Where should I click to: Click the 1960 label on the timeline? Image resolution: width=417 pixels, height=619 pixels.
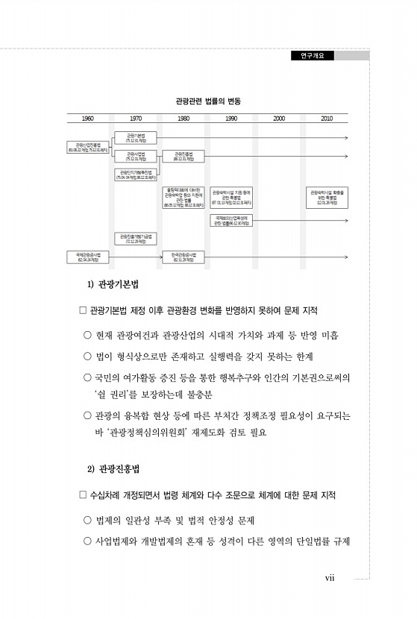click(x=88, y=119)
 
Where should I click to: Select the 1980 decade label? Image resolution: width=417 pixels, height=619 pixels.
click(x=184, y=119)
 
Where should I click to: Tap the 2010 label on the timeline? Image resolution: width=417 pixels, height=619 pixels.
click(x=327, y=119)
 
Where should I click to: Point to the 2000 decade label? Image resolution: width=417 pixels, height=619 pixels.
click(x=279, y=119)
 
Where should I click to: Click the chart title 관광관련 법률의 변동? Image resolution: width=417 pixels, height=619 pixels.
click(x=208, y=100)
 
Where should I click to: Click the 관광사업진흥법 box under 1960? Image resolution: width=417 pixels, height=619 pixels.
click(x=87, y=148)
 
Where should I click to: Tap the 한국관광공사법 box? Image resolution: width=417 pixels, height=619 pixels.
click(x=183, y=257)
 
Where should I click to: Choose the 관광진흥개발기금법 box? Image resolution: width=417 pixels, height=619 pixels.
click(x=135, y=239)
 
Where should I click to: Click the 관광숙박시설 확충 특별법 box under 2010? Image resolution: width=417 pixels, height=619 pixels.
click(x=327, y=197)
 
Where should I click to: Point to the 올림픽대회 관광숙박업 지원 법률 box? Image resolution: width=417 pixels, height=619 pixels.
click(x=183, y=197)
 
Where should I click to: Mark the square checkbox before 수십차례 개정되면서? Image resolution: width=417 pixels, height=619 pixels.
click(x=83, y=495)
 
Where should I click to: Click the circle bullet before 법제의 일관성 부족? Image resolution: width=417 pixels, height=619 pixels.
click(x=88, y=519)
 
